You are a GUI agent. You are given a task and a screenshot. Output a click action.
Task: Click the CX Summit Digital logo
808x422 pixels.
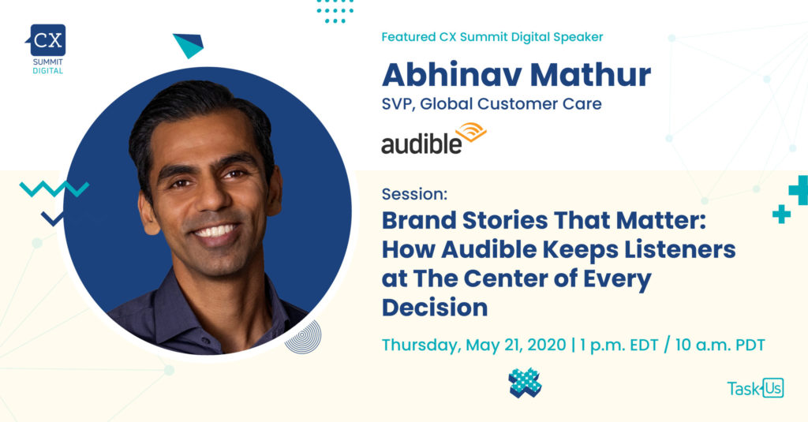47,49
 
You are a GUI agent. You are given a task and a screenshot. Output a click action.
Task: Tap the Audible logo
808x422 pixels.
434,139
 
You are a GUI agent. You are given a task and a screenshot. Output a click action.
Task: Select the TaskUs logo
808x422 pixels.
755,388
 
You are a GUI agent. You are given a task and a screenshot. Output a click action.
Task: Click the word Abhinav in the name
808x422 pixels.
452,75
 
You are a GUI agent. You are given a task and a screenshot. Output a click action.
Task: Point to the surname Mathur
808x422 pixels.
590,75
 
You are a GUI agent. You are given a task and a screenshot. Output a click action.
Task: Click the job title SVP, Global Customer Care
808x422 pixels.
492,103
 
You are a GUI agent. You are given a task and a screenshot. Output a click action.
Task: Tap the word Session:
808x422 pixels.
414,194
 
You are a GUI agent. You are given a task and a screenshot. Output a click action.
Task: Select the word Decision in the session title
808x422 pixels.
435,308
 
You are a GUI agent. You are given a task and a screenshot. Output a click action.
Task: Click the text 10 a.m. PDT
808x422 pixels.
720,345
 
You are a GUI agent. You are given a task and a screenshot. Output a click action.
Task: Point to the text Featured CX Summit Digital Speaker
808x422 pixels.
492,37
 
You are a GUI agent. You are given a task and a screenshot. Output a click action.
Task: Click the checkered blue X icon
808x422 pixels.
525,383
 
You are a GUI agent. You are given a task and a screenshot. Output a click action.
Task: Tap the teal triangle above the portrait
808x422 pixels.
189,45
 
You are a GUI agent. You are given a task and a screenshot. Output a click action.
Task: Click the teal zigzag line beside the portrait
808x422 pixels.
54,189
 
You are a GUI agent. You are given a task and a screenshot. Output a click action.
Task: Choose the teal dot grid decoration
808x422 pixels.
335,11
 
